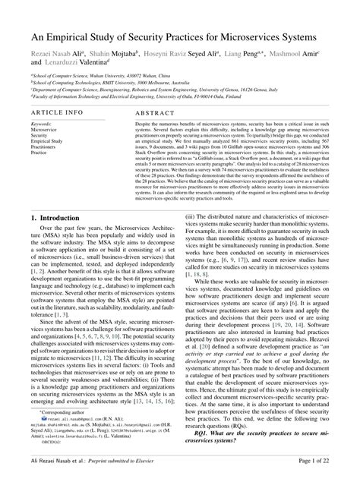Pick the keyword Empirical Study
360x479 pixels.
point(47,141)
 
